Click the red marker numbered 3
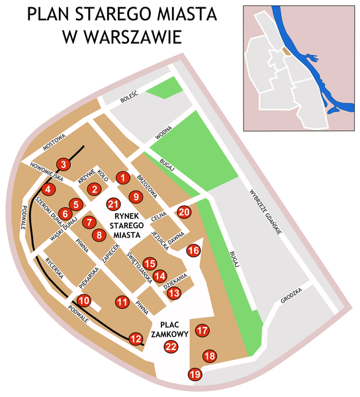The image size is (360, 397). coord(63,164)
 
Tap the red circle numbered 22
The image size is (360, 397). coord(171,347)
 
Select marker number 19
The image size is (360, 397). coord(195,375)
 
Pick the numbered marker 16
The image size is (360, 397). coord(193,250)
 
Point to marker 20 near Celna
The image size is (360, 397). coord(184,212)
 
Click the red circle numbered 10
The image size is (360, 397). coord(83,300)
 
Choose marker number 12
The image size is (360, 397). coord(136,339)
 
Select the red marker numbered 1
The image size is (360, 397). coord(122,177)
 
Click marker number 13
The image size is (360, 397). coord(173,292)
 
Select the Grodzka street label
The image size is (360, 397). coord(291,294)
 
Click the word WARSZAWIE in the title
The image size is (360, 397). coord(121,38)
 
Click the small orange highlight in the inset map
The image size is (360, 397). coord(285,50)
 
